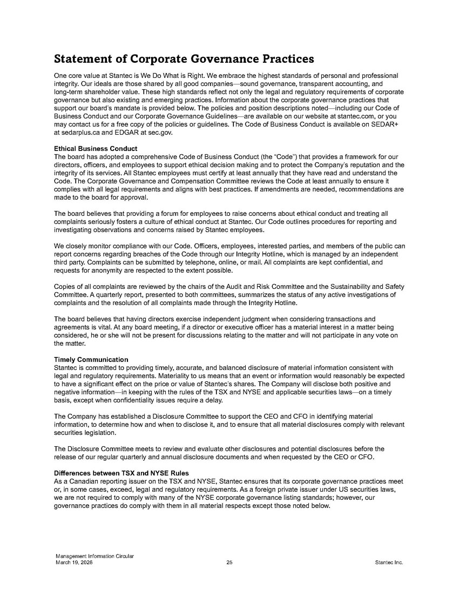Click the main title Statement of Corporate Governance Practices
pos(184,58)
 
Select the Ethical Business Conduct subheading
pos(96,148)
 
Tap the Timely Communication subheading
pos(91,360)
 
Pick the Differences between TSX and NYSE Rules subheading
pos(122,473)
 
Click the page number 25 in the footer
pos(230,563)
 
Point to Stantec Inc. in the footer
pos(389,563)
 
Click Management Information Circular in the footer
pos(95,557)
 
